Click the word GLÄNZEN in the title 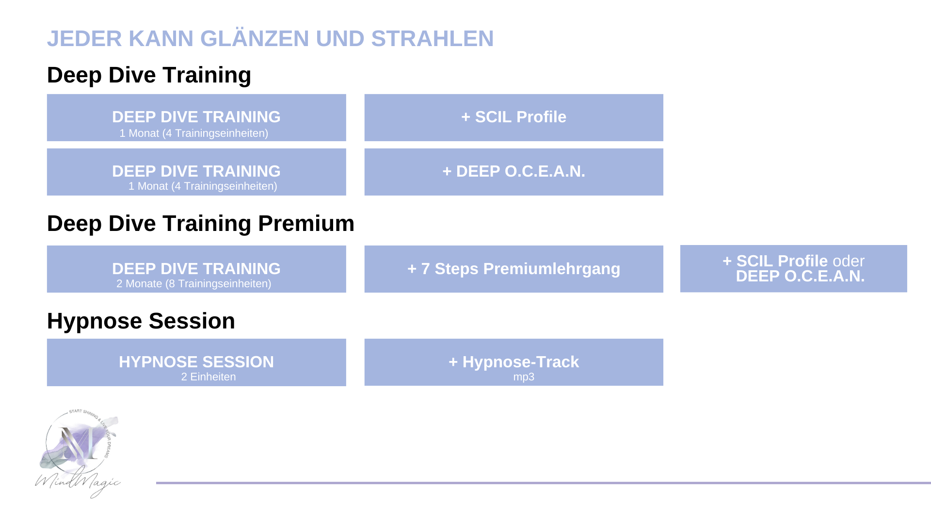click(254, 39)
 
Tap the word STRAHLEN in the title click(432, 39)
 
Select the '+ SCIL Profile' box click(514, 117)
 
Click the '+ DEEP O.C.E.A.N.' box click(514, 172)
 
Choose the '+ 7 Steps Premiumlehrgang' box click(514, 269)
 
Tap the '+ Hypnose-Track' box click(514, 362)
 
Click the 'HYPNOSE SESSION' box click(196, 362)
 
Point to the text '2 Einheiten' click(209, 377)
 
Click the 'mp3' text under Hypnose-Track click(524, 377)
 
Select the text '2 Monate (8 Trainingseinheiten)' click(194, 284)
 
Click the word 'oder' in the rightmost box click(849, 261)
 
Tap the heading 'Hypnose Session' click(141, 321)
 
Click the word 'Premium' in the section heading click(306, 224)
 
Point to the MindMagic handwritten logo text click(78, 482)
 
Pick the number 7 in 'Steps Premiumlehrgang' click(425, 269)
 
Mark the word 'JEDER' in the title click(84, 39)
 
